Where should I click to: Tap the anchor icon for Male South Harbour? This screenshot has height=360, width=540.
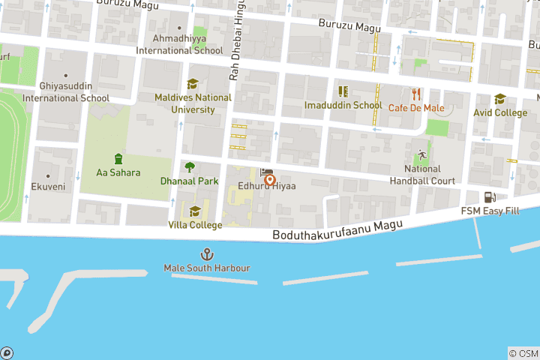click(207, 254)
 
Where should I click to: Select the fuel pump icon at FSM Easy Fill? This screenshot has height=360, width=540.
click(490, 197)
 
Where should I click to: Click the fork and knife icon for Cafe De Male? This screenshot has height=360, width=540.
click(416, 94)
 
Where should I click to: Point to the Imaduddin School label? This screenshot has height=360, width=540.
click(343, 106)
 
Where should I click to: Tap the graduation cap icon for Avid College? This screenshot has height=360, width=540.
click(500, 99)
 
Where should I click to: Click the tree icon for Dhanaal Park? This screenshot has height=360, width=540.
click(190, 167)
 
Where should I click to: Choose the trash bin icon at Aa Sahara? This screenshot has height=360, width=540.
click(118, 158)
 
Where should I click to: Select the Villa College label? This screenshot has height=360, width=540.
click(195, 225)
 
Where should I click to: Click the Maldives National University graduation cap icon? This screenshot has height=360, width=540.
click(193, 84)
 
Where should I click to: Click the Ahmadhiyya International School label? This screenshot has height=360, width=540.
click(179, 44)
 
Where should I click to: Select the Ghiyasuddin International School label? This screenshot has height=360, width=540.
click(66, 92)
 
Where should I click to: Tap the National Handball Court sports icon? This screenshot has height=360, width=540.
click(422, 155)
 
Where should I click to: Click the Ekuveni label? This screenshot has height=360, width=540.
click(48, 187)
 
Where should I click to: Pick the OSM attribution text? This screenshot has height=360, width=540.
click(523, 353)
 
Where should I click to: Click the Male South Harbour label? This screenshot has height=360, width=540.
click(207, 268)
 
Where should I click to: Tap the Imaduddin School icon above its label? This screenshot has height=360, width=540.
click(343, 91)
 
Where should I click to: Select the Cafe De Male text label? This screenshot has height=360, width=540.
click(416, 108)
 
